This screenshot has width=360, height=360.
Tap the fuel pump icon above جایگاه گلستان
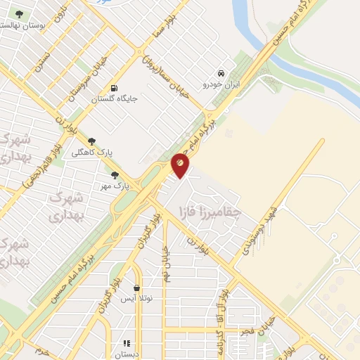[114, 88]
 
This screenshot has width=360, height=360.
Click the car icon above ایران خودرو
[221, 73]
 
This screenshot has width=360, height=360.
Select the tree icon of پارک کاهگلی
[91, 141]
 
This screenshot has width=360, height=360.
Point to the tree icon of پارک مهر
[114, 175]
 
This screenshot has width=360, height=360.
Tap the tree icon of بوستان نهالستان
[19, 14]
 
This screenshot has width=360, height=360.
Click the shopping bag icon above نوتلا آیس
[136, 288]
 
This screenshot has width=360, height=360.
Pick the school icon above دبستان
[127, 343]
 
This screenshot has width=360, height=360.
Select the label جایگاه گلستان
[112, 99]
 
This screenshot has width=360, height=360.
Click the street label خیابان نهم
[168, 262]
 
